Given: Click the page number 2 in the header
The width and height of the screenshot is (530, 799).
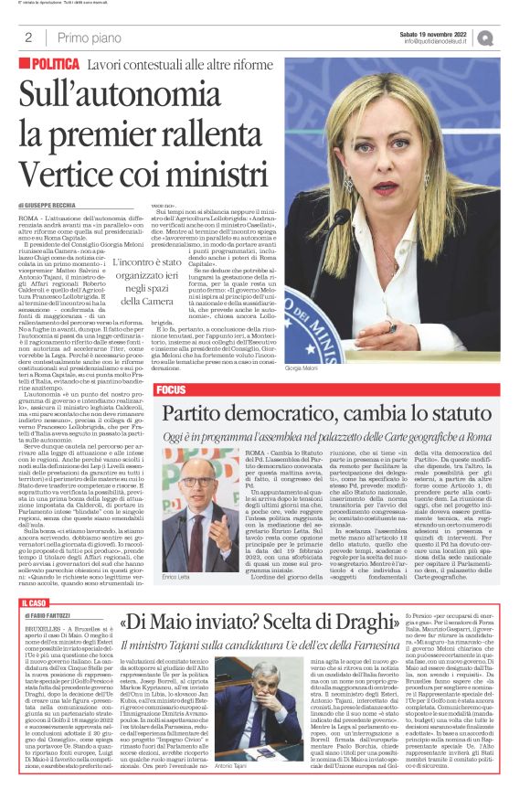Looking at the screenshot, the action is pos(28,37).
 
